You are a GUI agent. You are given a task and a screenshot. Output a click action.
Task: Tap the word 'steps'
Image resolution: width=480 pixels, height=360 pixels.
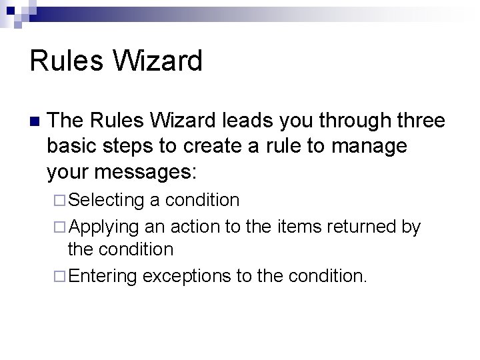135,147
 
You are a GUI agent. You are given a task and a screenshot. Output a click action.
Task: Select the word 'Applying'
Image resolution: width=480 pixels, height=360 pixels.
103,227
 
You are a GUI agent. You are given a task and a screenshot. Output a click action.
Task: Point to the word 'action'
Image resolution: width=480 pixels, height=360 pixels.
197,227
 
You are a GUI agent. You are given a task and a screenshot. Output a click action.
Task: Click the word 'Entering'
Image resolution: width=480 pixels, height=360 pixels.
103,276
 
